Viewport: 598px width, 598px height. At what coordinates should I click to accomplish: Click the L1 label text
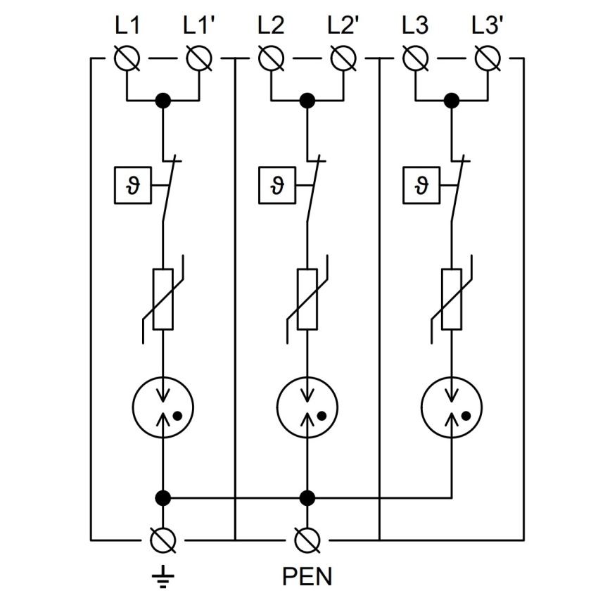click(x=127, y=25)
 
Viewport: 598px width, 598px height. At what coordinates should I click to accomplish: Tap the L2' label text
click(x=343, y=25)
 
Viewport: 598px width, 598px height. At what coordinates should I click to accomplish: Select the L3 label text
click(x=415, y=25)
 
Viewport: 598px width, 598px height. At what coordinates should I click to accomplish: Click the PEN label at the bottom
click(x=307, y=576)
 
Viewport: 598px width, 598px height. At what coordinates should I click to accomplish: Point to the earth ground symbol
click(x=163, y=576)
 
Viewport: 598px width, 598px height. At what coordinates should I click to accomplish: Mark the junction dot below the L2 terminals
click(x=307, y=101)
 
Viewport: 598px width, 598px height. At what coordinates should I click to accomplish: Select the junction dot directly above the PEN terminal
click(x=307, y=497)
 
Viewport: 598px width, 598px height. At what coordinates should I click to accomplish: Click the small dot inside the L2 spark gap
click(x=322, y=416)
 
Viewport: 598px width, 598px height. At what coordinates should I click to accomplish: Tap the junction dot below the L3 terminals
click(x=452, y=101)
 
